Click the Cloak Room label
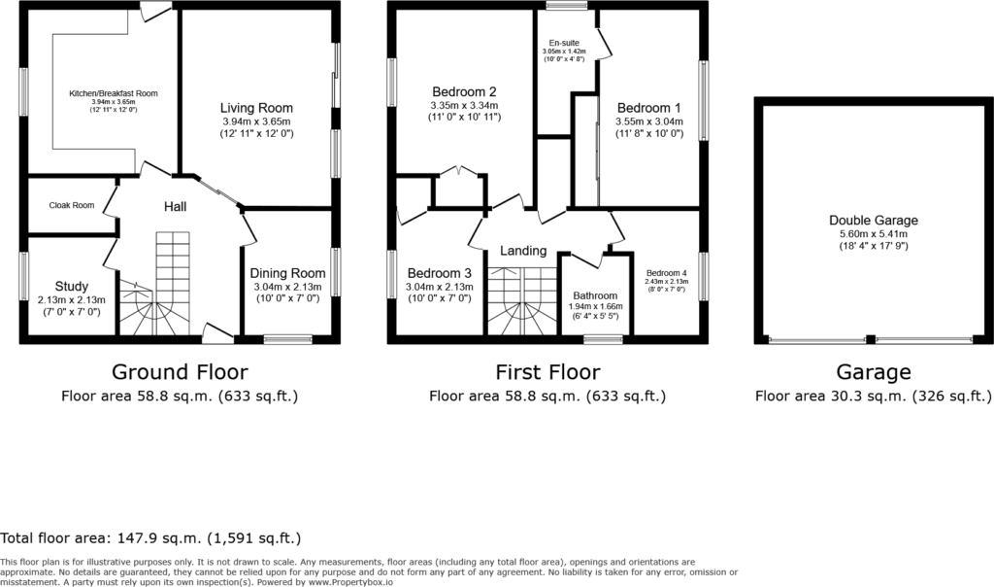pyautogui.click(x=72, y=206)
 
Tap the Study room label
pyautogui.click(x=72, y=286)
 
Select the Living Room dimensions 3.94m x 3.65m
pyautogui.click(x=256, y=121)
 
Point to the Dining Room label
pyautogui.click(x=287, y=273)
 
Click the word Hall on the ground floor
pyautogui.click(x=175, y=206)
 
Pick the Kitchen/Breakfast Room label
pyautogui.click(x=114, y=93)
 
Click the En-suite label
pyautogui.click(x=564, y=43)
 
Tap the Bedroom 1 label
pyautogui.click(x=649, y=108)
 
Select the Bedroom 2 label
pyautogui.click(x=464, y=92)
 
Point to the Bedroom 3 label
pyautogui.click(x=440, y=273)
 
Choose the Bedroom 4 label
pyautogui.click(x=666, y=273)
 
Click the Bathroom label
pyautogui.click(x=595, y=295)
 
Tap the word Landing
pyautogui.click(x=523, y=251)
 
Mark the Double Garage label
pyautogui.click(x=874, y=221)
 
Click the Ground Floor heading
pyautogui.click(x=180, y=372)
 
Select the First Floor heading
pyautogui.click(x=547, y=372)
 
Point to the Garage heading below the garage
pyautogui.click(x=874, y=372)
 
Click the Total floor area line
pyautogui.click(x=150, y=538)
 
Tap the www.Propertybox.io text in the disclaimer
pyautogui.click(x=350, y=582)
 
